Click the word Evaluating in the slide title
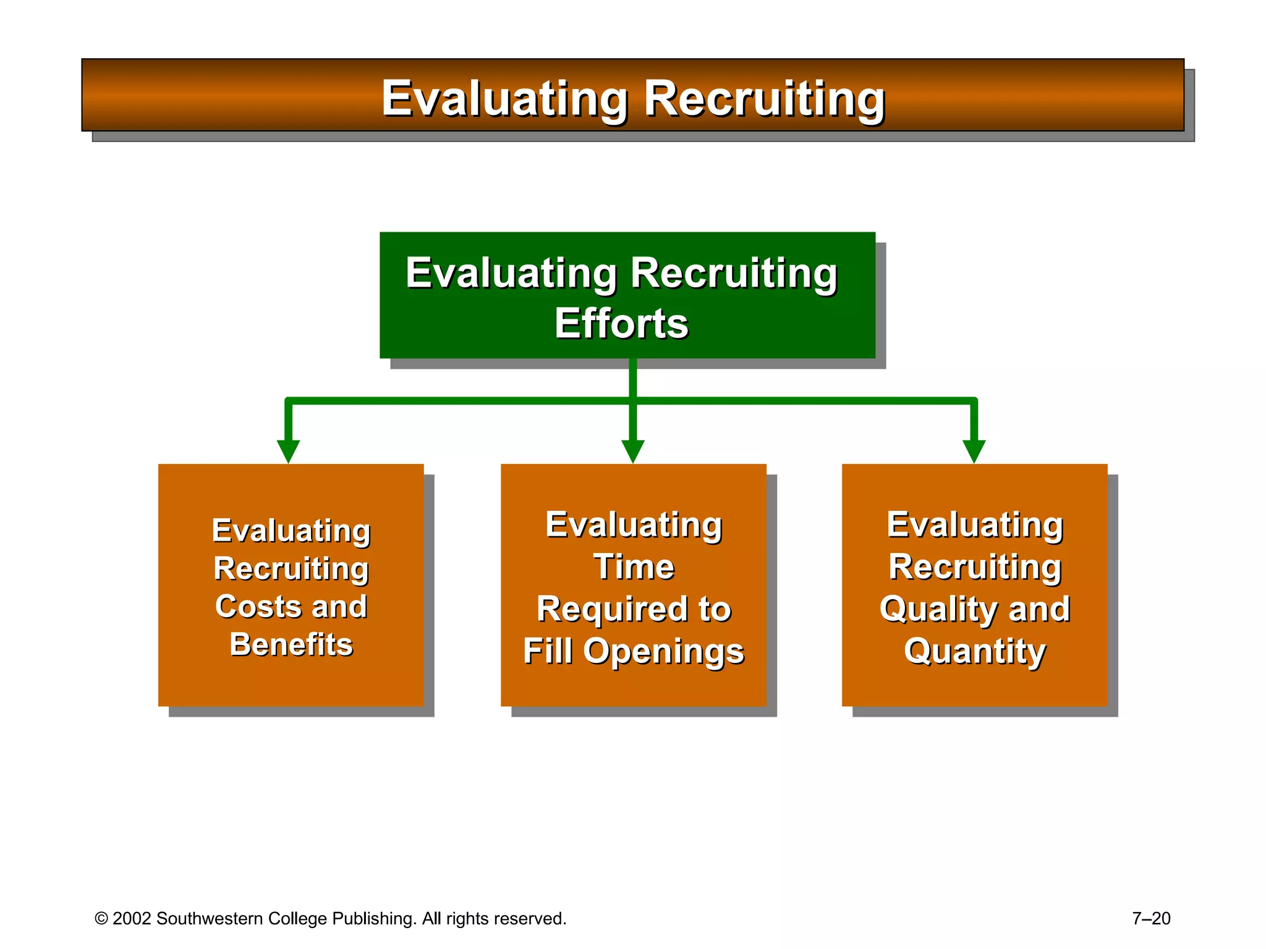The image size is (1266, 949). click(504, 99)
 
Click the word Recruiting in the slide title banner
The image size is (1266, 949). click(764, 99)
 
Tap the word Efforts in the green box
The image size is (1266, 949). click(621, 323)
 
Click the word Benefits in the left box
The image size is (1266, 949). click(291, 644)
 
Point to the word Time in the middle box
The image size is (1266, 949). click(634, 567)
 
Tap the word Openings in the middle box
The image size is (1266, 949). click(663, 651)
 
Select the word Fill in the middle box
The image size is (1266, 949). click(548, 651)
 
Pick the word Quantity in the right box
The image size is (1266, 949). click(975, 651)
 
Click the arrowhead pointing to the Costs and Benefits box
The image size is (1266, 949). click(288, 450)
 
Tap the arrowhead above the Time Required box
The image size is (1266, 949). click(632, 450)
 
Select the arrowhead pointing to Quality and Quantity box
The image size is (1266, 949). click(974, 450)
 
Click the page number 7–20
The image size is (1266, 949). click(1151, 919)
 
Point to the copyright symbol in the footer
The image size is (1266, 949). click(101, 919)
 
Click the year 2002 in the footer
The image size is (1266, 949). click(132, 919)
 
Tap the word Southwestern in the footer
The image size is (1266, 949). click(210, 919)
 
